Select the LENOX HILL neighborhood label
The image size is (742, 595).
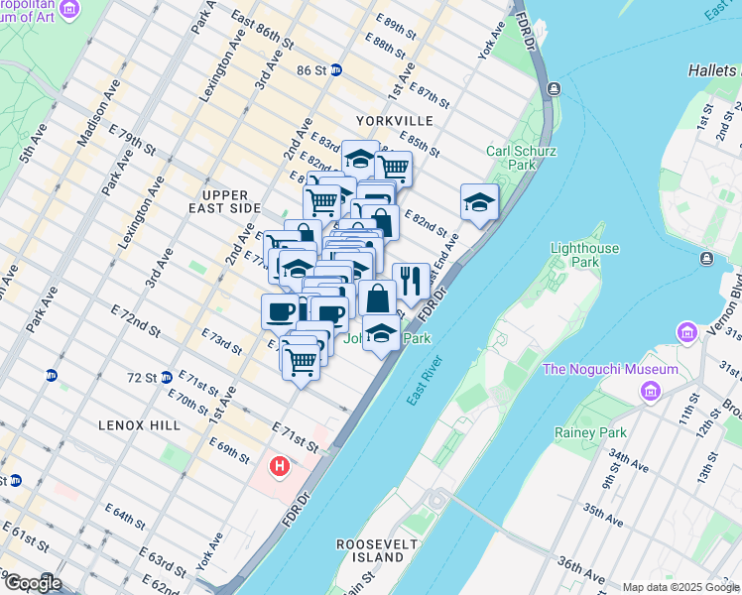tap(139, 424)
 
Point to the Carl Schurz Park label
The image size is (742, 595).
tap(521, 159)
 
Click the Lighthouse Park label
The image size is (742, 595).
tap(585, 256)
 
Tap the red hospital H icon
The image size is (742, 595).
tap(281, 465)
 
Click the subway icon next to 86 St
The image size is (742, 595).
tap(337, 70)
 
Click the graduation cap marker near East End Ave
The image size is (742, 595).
tap(479, 202)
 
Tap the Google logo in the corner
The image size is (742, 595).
tap(32, 583)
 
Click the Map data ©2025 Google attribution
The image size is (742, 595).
tap(680, 587)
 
